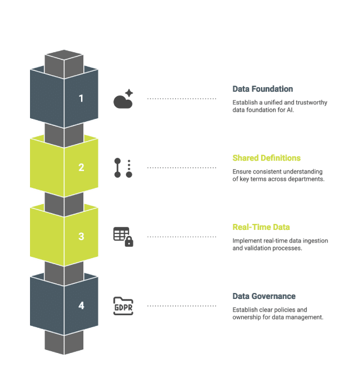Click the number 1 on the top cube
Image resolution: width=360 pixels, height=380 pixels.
pos(81,98)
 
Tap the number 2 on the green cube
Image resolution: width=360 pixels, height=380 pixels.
pos(81,167)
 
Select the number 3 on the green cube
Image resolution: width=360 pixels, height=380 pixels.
pos(81,237)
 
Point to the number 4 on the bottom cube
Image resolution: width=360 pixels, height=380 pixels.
pos(81,306)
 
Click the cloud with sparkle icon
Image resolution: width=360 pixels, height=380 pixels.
pos(123,100)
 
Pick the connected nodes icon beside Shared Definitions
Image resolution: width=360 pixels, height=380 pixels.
pos(123,167)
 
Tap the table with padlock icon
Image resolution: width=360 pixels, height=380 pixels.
pos(123,237)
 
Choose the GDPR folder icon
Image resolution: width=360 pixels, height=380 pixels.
pos(123,306)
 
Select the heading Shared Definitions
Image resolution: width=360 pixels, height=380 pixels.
pos(266,158)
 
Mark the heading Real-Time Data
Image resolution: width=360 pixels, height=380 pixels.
pos(261,227)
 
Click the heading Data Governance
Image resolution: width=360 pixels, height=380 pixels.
pos(264,296)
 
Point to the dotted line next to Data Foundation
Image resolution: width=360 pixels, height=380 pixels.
pos(181,98)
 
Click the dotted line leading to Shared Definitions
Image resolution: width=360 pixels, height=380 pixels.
pos(181,167)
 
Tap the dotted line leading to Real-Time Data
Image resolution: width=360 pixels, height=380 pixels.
pos(181,237)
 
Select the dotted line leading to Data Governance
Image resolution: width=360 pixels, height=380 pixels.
pos(181,306)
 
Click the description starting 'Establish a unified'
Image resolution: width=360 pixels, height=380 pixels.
pos(280,106)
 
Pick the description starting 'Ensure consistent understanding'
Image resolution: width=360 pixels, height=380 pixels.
pos(278,175)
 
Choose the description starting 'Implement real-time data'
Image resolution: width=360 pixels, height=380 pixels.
pos(280,244)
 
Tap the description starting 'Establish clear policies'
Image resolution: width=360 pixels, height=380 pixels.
pos(278,313)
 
